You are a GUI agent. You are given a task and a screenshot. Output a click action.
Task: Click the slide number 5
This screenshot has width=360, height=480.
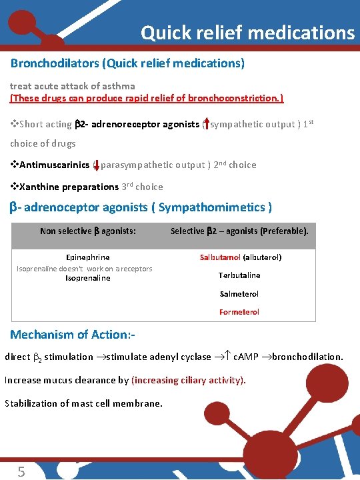pyautogui.click(x=21, y=472)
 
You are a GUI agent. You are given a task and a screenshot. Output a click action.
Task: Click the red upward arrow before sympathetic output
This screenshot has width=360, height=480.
pyautogui.click(x=207, y=123)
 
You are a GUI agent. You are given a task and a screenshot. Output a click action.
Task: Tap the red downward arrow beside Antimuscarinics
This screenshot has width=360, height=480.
pyautogui.click(x=97, y=164)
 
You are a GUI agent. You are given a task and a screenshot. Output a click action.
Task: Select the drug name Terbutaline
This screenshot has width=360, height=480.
pyautogui.click(x=239, y=275)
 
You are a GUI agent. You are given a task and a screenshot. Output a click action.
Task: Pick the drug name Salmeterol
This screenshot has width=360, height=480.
pyautogui.click(x=239, y=293)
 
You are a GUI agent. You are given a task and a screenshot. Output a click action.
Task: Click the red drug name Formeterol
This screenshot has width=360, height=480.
pyautogui.click(x=239, y=312)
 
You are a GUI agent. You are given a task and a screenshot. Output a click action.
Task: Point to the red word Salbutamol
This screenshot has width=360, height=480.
pyautogui.click(x=221, y=257)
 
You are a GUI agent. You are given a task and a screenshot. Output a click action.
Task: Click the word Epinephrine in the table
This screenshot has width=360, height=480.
pyautogui.click(x=88, y=257)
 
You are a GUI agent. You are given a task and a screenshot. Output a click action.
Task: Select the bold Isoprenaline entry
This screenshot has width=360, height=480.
pyautogui.click(x=88, y=278)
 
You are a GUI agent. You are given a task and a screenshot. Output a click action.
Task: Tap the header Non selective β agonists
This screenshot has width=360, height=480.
pyautogui.click(x=88, y=231)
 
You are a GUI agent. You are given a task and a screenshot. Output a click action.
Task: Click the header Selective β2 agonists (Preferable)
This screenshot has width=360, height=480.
pyautogui.click(x=239, y=231)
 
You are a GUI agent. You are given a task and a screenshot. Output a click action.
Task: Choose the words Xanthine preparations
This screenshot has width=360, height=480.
pyautogui.click(x=59, y=187)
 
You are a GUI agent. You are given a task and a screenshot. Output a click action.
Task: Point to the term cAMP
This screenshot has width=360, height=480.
pyautogui.click(x=250, y=357)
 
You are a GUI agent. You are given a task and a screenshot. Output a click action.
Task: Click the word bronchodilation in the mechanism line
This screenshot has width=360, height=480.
pyautogui.click(x=309, y=357)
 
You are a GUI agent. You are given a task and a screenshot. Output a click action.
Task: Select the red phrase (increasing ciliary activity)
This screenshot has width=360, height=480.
pyautogui.click(x=189, y=380)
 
